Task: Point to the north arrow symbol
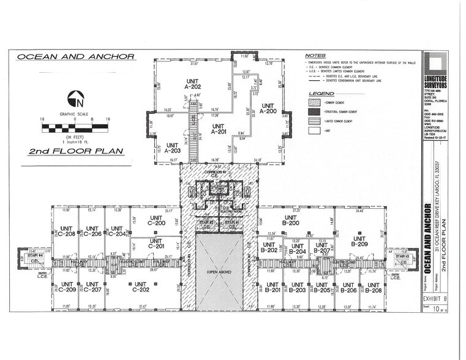point(75,97)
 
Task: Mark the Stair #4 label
point(25,250)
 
